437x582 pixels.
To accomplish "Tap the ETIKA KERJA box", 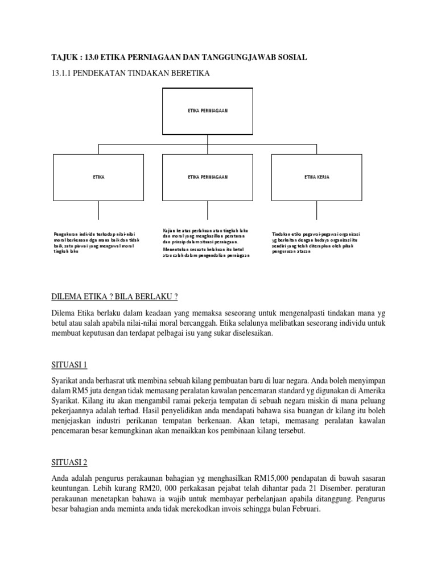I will [x=317, y=177].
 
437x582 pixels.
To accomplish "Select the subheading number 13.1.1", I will [x=63, y=73].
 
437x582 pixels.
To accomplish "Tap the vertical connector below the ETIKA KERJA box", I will [x=316, y=211].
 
